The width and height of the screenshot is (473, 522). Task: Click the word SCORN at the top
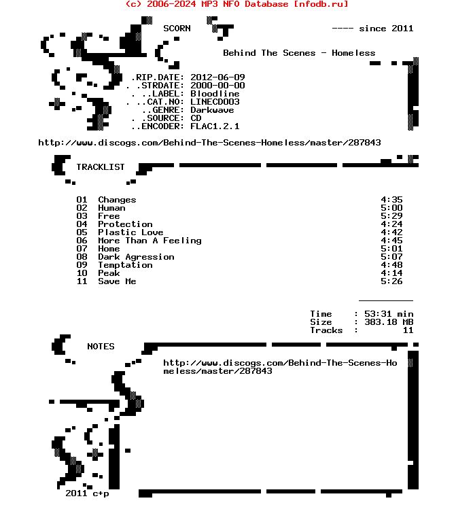(177, 29)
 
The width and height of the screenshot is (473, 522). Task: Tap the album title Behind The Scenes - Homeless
(299, 53)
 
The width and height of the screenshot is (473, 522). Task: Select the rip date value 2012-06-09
(217, 77)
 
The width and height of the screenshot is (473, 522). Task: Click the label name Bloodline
(215, 94)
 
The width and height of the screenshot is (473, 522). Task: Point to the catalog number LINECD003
(215, 102)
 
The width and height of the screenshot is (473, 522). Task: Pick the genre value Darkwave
(212, 110)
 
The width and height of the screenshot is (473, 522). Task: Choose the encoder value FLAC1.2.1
(215, 126)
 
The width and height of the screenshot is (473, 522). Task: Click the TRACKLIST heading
(101, 167)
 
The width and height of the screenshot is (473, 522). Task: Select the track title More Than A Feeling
(150, 241)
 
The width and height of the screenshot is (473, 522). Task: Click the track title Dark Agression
(136, 257)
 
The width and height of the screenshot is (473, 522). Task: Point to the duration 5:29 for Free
(391, 216)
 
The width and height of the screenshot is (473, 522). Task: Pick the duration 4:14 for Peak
(391, 273)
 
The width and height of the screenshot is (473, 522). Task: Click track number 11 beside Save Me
(82, 281)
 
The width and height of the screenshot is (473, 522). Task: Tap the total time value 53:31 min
(389, 314)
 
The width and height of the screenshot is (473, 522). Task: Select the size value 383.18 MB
(389, 322)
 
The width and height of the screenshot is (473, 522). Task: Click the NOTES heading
(101, 347)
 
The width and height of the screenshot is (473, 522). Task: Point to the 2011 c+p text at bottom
(87, 493)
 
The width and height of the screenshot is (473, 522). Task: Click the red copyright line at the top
(236, 4)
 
